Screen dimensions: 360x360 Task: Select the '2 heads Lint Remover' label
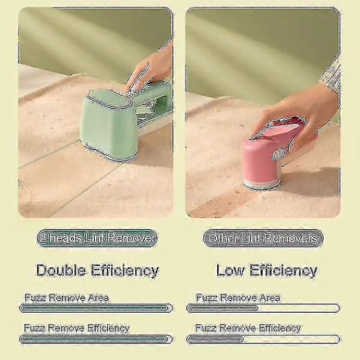97,238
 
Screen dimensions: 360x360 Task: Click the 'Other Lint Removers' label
263,238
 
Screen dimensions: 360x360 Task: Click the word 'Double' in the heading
61,270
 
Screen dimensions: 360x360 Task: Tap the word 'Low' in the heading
230,270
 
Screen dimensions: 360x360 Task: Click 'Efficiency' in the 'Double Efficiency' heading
125,271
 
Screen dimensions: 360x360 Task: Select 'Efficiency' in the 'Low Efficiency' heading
283,271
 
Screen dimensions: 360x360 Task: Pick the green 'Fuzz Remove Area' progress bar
96,308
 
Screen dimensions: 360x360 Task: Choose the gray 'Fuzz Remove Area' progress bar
263,308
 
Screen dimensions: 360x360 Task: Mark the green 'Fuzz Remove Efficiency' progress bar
96,340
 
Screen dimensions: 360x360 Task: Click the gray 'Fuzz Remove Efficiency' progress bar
263,340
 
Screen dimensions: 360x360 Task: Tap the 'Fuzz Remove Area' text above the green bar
67,298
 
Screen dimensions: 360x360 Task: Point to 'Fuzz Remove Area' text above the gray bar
238,298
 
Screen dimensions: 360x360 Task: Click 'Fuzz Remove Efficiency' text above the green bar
77,328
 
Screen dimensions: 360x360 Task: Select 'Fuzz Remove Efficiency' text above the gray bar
248,328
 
